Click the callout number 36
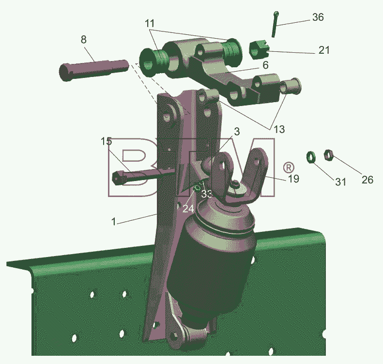pyautogui.click(x=318, y=17)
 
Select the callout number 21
pyautogui.click(x=324, y=50)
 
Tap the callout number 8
pyautogui.click(x=84, y=39)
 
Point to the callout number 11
pyautogui.click(x=150, y=23)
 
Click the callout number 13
pyautogui.click(x=279, y=129)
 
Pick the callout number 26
pyautogui.click(x=368, y=180)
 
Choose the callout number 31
pyautogui.click(x=340, y=182)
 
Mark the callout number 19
pyautogui.click(x=293, y=179)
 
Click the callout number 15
pyautogui.click(x=106, y=141)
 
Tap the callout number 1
pyautogui.click(x=114, y=222)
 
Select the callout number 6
pyautogui.click(x=265, y=65)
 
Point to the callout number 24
pyautogui.click(x=188, y=209)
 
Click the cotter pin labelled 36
pyautogui.click(x=275, y=24)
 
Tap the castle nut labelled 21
pyautogui.click(x=259, y=50)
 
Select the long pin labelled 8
pyautogui.click(x=94, y=70)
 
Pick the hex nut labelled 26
pyautogui.click(x=328, y=155)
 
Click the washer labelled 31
pyautogui.click(x=311, y=157)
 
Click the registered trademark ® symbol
pyautogui.click(x=289, y=167)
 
